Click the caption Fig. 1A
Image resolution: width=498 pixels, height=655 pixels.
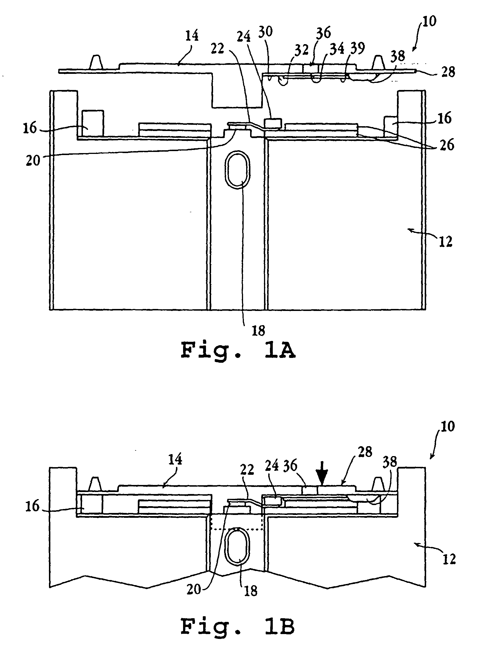tap(238, 351)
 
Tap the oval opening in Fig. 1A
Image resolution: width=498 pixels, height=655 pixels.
tap(237, 170)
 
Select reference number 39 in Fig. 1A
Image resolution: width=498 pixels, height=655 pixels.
tap(357, 48)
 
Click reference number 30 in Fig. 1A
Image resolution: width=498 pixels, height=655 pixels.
tap(265, 32)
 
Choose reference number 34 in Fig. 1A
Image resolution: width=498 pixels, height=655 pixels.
tap(337, 49)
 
